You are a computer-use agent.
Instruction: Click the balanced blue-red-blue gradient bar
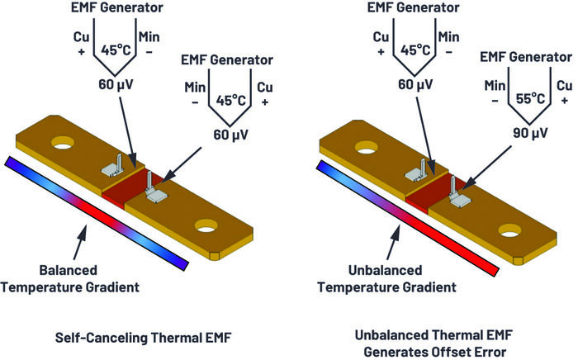point(97,211)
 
